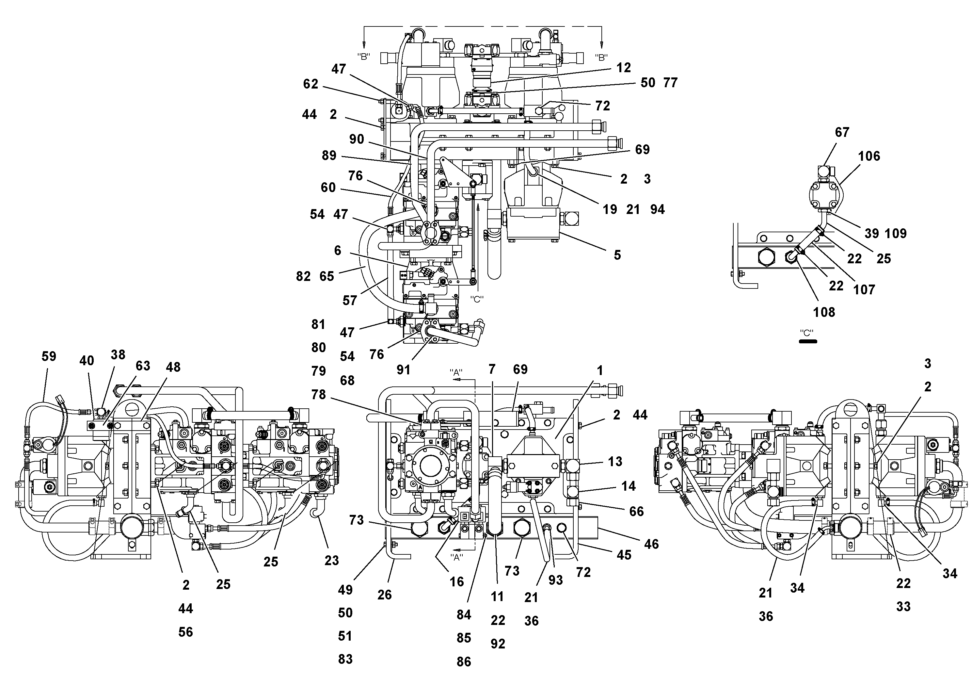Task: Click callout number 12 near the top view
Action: (x=624, y=68)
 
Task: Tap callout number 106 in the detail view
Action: (x=869, y=156)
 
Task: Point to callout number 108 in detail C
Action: (x=824, y=312)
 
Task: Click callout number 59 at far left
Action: (x=49, y=356)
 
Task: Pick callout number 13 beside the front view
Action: (x=615, y=462)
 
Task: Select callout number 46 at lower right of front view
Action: (x=651, y=544)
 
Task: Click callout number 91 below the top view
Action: (x=404, y=370)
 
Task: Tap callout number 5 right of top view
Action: (x=617, y=255)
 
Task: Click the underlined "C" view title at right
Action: (x=806, y=333)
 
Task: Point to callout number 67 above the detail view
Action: (x=842, y=132)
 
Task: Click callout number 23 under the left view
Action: (x=331, y=560)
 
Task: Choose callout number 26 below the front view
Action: (x=384, y=595)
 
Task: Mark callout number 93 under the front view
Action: (x=555, y=580)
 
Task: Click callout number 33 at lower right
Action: (x=903, y=607)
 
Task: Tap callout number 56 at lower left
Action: (x=185, y=632)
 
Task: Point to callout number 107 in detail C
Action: (x=864, y=290)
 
